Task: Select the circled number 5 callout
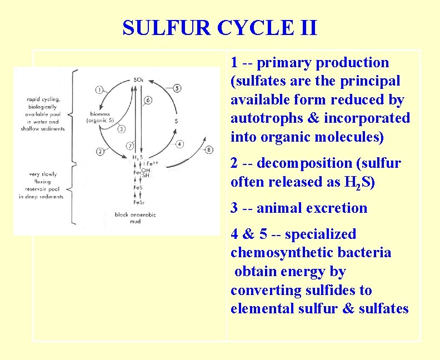177,88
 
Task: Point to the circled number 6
148,101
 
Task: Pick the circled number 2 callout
100,151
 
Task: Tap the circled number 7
129,146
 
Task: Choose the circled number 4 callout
179,144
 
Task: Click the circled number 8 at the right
209,149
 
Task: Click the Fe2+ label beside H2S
152,164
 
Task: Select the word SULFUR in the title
161,27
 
